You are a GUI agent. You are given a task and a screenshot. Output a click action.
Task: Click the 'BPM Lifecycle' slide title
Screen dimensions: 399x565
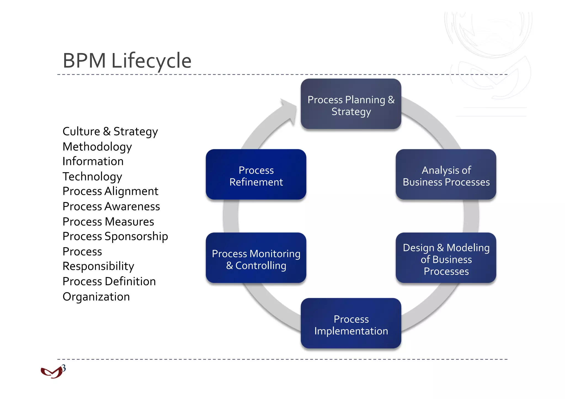click(x=127, y=60)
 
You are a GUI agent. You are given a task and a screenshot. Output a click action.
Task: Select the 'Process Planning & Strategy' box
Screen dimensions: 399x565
click(x=351, y=104)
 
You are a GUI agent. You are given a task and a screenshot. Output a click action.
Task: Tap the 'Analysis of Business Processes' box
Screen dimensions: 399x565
click(x=446, y=175)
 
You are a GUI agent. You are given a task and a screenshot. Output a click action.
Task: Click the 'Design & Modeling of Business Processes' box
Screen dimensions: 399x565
click(x=446, y=258)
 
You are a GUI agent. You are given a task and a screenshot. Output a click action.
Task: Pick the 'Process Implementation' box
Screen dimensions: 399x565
click(x=351, y=323)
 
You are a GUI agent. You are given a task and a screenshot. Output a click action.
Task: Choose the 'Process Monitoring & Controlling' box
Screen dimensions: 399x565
click(x=256, y=258)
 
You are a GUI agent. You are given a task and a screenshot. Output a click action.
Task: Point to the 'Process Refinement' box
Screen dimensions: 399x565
click(x=256, y=175)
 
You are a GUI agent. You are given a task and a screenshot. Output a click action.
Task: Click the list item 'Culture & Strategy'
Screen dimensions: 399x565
click(x=110, y=132)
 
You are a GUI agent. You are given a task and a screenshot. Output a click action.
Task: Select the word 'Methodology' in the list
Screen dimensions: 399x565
click(x=97, y=147)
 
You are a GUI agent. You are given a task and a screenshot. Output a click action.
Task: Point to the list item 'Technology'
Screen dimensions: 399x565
click(x=92, y=176)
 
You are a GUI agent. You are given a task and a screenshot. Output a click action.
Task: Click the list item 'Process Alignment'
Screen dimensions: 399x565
click(x=110, y=191)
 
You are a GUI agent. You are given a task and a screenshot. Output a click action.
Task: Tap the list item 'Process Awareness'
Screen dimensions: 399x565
click(x=111, y=207)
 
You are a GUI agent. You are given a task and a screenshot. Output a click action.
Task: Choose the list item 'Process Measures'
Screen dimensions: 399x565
click(x=108, y=222)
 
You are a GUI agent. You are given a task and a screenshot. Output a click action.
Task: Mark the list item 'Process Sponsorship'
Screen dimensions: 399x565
click(x=115, y=237)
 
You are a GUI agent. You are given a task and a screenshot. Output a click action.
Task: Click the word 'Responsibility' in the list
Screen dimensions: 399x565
click(x=98, y=266)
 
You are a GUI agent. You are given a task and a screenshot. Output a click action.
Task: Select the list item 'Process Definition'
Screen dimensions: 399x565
click(x=109, y=282)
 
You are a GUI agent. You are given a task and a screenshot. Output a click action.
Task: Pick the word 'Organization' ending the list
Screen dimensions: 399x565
click(x=96, y=297)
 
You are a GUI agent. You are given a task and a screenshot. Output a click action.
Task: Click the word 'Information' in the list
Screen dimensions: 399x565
click(x=93, y=162)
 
